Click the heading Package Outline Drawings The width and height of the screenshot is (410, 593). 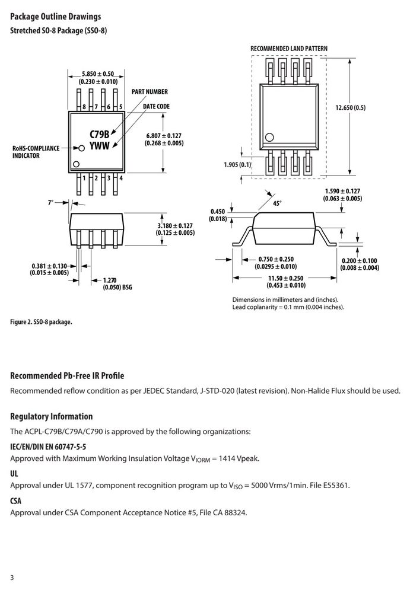[56, 17]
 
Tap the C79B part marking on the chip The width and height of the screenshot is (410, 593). [99, 134]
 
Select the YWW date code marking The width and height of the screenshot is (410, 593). [99, 146]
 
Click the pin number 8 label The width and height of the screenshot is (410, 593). [84, 107]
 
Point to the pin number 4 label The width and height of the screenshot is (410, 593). [121, 178]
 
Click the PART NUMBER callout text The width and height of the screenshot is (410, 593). [150, 92]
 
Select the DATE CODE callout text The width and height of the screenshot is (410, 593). [157, 107]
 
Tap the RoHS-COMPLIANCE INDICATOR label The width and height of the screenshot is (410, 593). [36, 152]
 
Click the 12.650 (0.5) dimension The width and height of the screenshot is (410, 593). [351, 108]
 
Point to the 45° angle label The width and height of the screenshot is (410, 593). [277, 203]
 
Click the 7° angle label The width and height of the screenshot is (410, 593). [50, 203]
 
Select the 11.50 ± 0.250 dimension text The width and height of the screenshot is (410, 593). [286, 278]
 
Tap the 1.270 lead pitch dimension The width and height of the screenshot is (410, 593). [110, 280]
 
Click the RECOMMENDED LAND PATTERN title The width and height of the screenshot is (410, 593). [289, 49]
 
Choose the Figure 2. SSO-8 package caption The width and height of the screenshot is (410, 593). [41, 322]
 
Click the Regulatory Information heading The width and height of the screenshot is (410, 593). [52, 416]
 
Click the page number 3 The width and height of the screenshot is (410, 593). [12, 578]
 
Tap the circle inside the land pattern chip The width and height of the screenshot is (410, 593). [269, 138]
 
